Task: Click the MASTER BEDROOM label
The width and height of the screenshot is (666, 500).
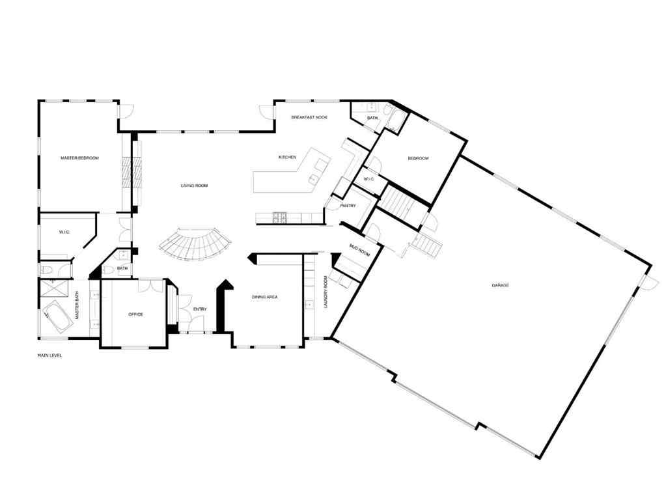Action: pyautogui.click(x=79, y=158)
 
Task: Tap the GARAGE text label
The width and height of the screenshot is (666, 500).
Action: pyautogui.click(x=500, y=285)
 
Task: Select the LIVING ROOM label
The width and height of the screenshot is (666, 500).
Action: pyautogui.click(x=194, y=186)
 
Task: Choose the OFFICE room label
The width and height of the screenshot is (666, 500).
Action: pyautogui.click(x=135, y=314)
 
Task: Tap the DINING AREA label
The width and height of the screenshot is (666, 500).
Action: pyautogui.click(x=265, y=297)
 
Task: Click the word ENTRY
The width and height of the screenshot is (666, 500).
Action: pyautogui.click(x=200, y=309)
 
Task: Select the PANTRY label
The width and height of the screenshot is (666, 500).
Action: pyautogui.click(x=348, y=206)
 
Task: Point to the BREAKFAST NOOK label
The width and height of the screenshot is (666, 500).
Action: pyautogui.click(x=309, y=117)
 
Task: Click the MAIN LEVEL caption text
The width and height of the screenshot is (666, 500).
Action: pyautogui.click(x=49, y=355)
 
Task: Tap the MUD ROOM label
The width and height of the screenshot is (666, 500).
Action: pyautogui.click(x=359, y=251)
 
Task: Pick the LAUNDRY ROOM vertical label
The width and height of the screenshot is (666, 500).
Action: pyautogui.click(x=326, y=292)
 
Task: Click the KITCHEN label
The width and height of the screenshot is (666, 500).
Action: pyautogui.click(x=287, y=158)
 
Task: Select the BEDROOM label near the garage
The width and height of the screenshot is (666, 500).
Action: pyautogui.click(x=418, y=159)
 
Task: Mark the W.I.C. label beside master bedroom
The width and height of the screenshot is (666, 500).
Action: pyautogui.click(x=64, y=231)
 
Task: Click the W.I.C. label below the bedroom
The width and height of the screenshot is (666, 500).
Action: pyautogui.click(x=368, y=179)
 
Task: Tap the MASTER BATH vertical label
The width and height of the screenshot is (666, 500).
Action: pyautogui.click(x=77, y=305)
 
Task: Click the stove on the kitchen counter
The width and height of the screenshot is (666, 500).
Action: pyautogui.click(x=280, y=217)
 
